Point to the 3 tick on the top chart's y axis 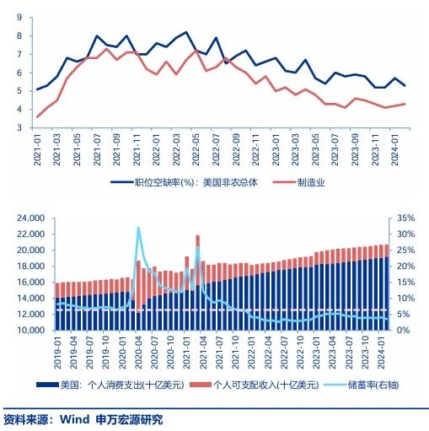[x=19, y=128]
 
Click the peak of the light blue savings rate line [x=138, y=228]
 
